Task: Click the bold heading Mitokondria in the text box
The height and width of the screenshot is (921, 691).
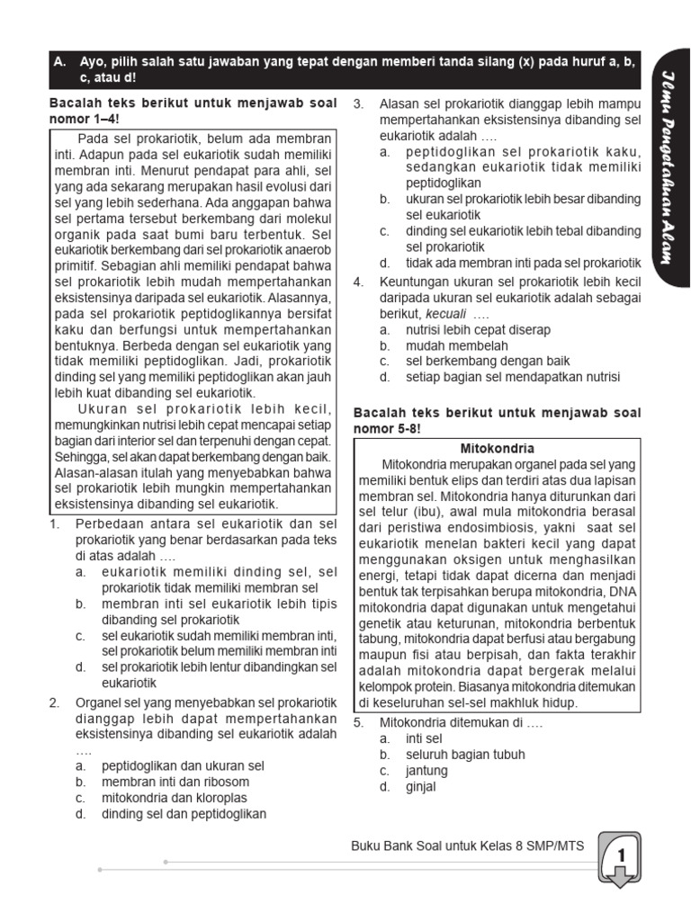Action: [497, 448]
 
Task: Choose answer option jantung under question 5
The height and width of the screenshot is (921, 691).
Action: [408, 771]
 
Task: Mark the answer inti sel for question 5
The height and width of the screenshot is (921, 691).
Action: [404, 738]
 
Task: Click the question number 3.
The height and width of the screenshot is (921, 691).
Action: [358, 103]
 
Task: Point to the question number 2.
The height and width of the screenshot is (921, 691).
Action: [54, 702]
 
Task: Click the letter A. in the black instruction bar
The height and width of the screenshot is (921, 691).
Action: [60, 63]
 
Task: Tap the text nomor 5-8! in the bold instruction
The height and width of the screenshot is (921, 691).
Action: [387, 429]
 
